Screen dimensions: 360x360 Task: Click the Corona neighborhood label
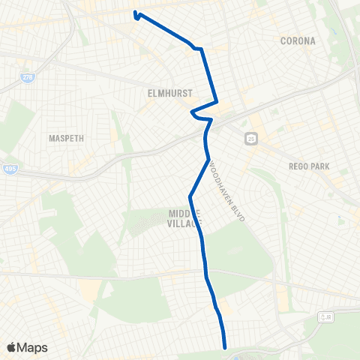(x=298, y=40)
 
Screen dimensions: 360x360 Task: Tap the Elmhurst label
(x=170, y=93)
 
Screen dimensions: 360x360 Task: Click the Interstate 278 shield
(x=28, y=76)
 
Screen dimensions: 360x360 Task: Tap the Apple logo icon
(x=12, y=347)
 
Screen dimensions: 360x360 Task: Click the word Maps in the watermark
(x=33, y=347)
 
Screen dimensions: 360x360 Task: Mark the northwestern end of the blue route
(x=135, y=13)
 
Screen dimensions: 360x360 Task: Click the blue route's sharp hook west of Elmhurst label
(x=192, y=114)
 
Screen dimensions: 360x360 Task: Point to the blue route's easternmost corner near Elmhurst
(x=217, y=101)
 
